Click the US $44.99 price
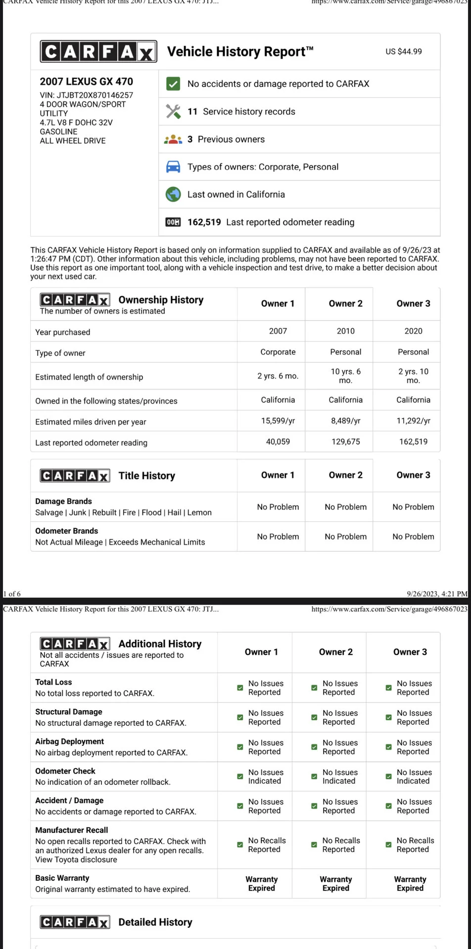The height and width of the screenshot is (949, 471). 403,51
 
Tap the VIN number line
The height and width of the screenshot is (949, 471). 87,95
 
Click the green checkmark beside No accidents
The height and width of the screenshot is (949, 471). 173,84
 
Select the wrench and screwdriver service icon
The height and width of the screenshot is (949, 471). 173,112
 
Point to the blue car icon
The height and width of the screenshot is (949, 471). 173,167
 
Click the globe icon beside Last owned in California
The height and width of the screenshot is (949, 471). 173,195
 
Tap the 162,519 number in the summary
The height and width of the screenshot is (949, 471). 204,222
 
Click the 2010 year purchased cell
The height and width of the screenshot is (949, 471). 345,331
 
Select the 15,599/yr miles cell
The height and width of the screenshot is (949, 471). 278,421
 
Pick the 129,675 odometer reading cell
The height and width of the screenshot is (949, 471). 345,442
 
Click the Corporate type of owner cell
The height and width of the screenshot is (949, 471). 278,352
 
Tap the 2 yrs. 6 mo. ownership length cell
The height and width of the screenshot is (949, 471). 278,376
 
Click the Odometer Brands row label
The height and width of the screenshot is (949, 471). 67,531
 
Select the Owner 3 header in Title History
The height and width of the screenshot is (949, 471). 413,475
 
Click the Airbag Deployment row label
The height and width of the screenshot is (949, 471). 69,741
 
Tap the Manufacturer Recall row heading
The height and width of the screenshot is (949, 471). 71,830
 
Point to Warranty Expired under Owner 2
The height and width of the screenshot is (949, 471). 335,884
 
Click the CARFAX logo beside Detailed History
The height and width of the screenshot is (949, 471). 75,922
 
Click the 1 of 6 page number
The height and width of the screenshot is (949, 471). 12,594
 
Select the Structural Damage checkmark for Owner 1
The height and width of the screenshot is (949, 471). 240,717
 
